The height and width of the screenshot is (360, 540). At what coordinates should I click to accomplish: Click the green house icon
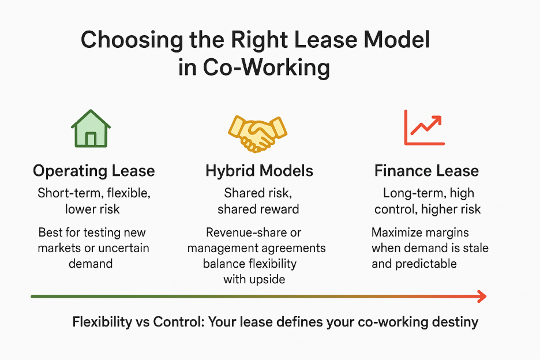pos(91,129)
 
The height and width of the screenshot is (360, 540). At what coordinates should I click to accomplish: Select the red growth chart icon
pos(424,128)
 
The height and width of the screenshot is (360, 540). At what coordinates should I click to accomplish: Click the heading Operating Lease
pos(93,171)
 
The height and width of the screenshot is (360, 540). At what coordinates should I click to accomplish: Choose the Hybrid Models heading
pos(259,171)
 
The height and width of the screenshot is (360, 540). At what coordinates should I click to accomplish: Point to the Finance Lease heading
pos(426,171)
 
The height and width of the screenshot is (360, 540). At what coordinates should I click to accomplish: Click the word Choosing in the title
pos(132,40)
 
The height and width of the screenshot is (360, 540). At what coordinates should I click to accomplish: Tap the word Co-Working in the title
pos(267,67)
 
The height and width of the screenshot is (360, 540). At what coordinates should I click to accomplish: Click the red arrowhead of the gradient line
pos(482,297)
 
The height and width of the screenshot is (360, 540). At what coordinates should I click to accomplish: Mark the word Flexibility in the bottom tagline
pos(102,322)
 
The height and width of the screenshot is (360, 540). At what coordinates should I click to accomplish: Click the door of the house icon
pos(91,139)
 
